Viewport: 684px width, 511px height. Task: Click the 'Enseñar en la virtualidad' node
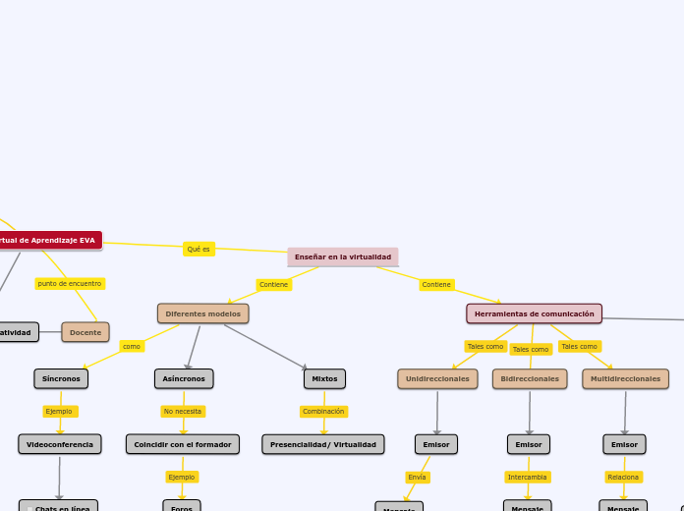click(x=343, y=256)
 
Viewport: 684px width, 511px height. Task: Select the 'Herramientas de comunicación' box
click(x=534, y=313)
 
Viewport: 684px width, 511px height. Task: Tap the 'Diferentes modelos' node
click(x=202, y=313)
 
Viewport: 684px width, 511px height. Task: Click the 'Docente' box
click(x=85, y=332)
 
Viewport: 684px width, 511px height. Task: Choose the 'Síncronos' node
click(x=61, y=378)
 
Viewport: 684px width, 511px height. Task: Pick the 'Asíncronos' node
click(x=184, y=378)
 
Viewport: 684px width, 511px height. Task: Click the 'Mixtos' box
click(x=324, y=378)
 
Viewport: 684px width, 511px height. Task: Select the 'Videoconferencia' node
click(x=60, y=444)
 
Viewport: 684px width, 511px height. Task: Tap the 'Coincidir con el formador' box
click(x=183, y=444)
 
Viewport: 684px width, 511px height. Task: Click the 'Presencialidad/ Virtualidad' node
click(x=323, y=444)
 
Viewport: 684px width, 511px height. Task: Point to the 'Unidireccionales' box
click(x=437, y=378)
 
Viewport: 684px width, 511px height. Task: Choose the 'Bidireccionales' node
click(x=530, y=378)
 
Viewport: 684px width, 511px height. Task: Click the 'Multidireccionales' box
click(x=625, y=378)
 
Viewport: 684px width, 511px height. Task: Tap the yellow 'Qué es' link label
click(x=199, y=249)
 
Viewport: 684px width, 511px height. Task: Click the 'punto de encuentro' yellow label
click(x=70, y=283)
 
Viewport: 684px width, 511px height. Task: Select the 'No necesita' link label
click(x=183, y=411)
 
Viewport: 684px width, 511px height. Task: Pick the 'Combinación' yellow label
click(x=323, y=411)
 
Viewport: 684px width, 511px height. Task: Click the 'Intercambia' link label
click(x=528, y=477)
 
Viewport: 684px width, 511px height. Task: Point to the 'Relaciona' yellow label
click(x=623, y=477)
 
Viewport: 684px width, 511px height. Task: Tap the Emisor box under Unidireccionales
click(x=436, y=444)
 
